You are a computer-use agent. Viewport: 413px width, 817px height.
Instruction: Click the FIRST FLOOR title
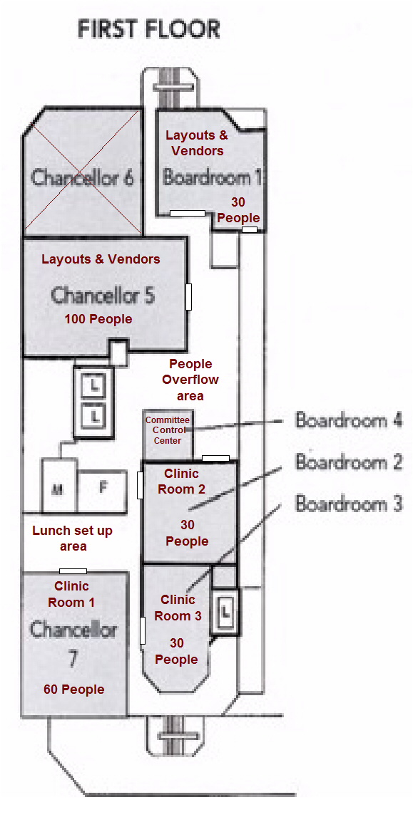148,30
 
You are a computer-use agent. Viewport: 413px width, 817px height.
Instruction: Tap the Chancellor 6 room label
83,177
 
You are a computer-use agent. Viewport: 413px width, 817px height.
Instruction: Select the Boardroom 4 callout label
349,420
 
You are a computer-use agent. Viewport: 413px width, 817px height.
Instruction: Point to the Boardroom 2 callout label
349,462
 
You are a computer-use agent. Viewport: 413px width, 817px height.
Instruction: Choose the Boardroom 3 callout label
349,504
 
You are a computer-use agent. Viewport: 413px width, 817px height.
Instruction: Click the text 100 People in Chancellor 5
98,319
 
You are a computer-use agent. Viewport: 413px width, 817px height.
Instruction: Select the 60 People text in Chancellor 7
73,689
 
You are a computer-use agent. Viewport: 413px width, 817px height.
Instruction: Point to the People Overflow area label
190,380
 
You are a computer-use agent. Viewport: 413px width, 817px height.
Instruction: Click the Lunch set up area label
72,538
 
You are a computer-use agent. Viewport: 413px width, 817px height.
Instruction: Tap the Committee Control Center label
168,430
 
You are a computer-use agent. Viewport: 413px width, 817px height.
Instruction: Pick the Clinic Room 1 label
71,594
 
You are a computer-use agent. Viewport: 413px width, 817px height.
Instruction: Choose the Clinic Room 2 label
181,482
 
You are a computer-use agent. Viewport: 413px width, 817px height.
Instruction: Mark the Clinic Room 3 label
178,608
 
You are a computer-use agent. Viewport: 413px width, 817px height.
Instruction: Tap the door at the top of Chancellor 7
73,571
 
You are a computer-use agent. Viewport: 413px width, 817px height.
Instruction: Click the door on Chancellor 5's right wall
189,297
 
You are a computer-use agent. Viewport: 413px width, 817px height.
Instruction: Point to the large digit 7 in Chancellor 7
73,659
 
